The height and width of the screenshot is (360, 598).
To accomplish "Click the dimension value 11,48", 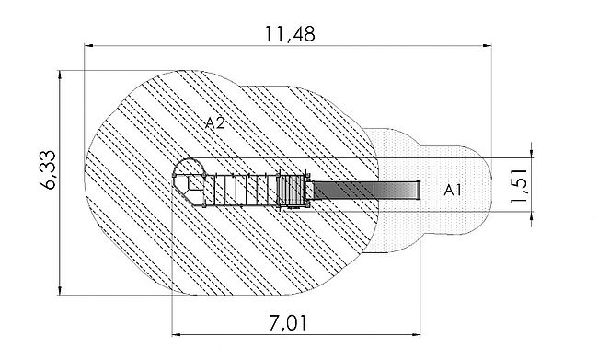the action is (x=290, y=34).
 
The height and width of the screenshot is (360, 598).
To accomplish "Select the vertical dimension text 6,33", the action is (x=49, y=170).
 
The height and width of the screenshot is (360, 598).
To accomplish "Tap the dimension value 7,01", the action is (x=288, y=324).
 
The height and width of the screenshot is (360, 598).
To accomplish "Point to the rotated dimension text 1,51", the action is (x=520, y=186).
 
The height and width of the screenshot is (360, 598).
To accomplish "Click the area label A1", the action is (x=453, y=190).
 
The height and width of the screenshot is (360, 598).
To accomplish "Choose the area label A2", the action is (x=214, y=123).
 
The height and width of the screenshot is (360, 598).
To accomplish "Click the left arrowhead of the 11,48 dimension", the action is (x=88, y=45).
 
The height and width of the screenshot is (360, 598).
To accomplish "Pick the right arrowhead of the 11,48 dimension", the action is (x=487, y=45).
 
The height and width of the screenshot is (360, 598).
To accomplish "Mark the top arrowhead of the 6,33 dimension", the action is (x=60, y=75).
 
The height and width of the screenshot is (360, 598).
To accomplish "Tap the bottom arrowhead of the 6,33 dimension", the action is (x=60, y=290).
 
